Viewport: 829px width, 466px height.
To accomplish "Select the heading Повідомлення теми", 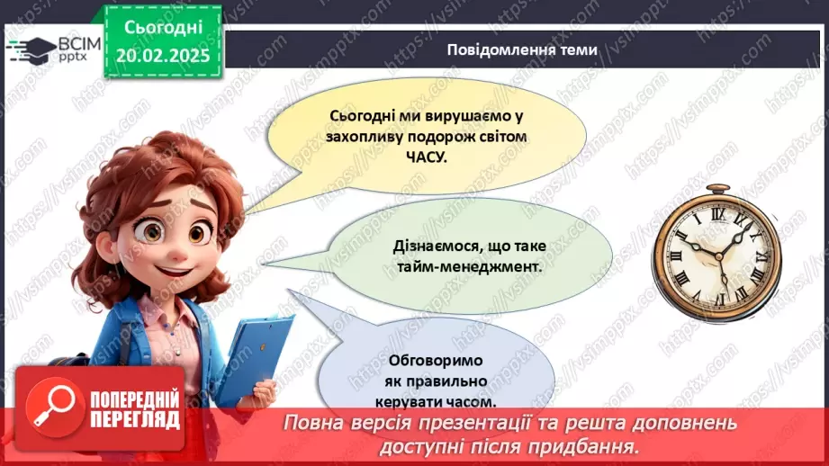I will coord(521,49).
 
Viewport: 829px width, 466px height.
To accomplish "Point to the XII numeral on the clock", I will coord(718,216).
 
